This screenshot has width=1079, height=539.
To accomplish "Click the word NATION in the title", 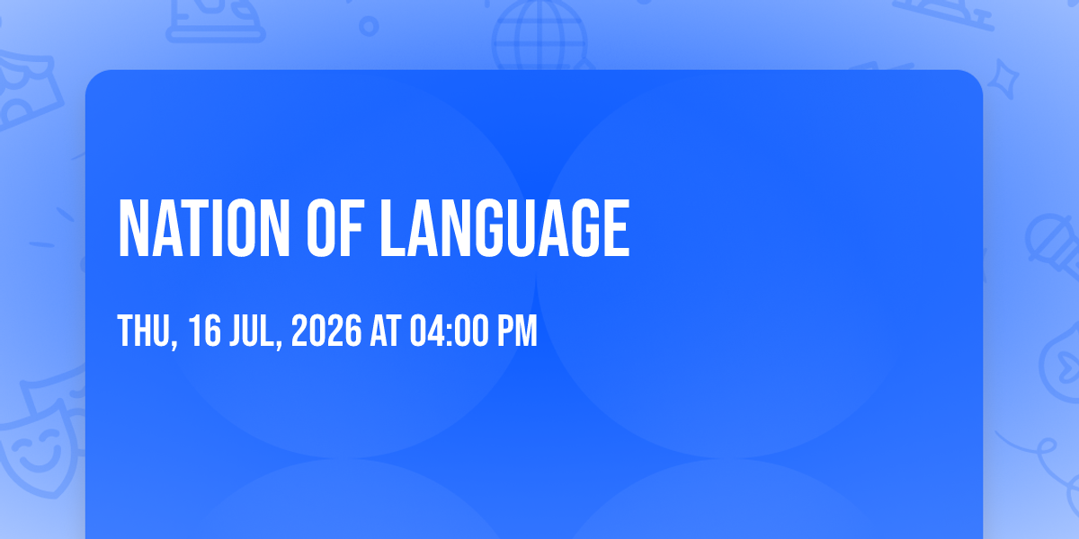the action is [x=204, y=228].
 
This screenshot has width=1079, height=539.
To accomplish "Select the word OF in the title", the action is [x=334, y=228].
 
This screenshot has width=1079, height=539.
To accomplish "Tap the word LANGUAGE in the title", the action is [x=504, y=228].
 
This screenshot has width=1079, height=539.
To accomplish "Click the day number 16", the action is [x=205, y=331].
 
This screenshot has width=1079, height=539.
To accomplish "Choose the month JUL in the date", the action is [x=252, y=331].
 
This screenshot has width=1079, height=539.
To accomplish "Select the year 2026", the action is [x=326, y=331].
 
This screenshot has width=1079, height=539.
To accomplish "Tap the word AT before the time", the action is [x=386, y=331].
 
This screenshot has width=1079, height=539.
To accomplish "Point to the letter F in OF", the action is [x=350, y=228].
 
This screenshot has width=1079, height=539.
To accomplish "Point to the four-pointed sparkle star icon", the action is [x=1003, y=79].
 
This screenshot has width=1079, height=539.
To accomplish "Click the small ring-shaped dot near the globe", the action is [x=369, y=26].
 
